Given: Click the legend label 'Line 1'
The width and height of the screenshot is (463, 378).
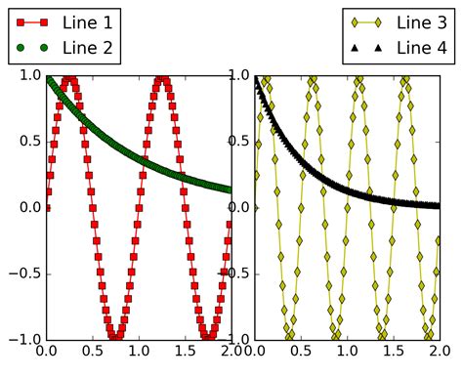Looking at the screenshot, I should pos(88,21).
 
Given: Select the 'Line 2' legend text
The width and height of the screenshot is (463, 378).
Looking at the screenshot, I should pos(88,47).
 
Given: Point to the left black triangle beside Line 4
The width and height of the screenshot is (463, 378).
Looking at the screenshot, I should pos(355,47).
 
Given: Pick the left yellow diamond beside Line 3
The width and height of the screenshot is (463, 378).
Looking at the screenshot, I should pos(355,21).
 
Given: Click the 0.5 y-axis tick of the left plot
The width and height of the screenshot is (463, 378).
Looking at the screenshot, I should pos(27,141).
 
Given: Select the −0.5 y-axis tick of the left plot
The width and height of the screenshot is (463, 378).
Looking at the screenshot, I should pos(22,273).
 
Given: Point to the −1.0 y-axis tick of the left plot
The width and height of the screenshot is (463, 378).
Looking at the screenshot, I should pos(22,339).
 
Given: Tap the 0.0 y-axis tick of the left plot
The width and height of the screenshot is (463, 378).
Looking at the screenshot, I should pos(27,207).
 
